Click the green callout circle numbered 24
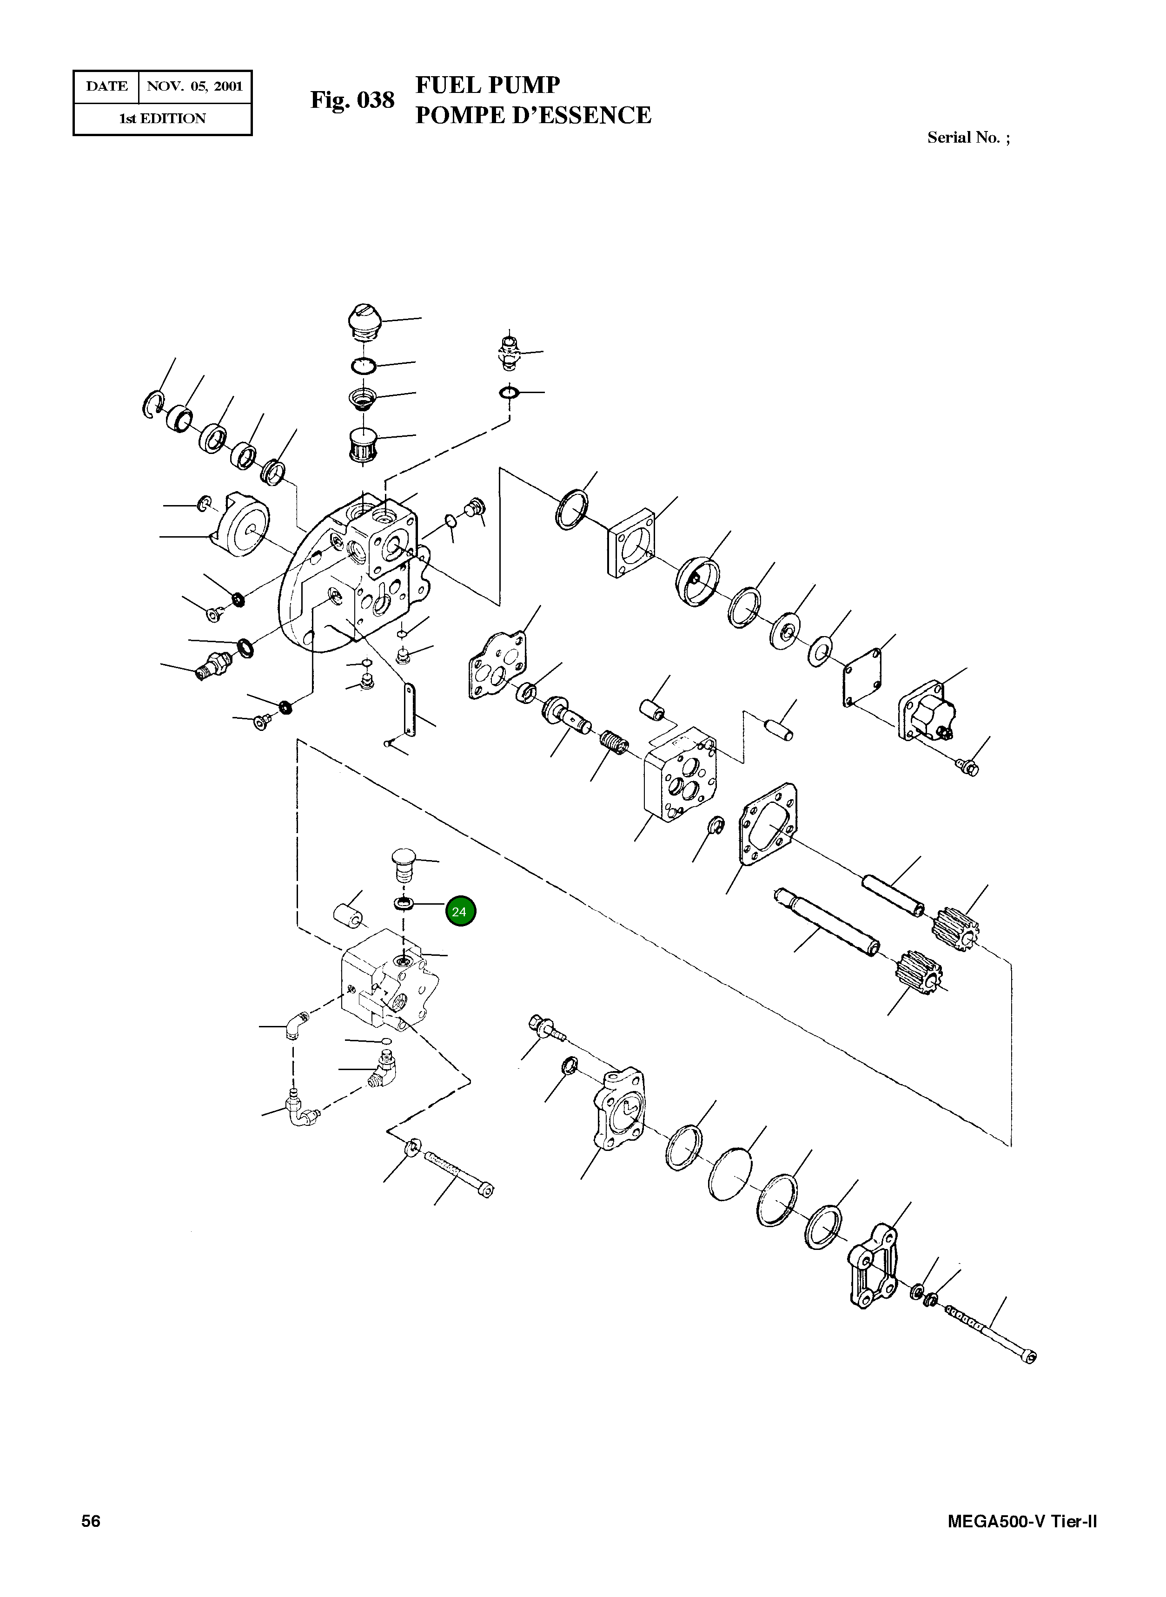[460, 911]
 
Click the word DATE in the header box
[106, 87]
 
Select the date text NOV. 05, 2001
[195, 87]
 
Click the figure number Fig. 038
[352, 100]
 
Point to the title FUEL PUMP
[487, 85]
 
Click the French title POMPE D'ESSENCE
[533, 115]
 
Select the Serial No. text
[967, 138]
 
